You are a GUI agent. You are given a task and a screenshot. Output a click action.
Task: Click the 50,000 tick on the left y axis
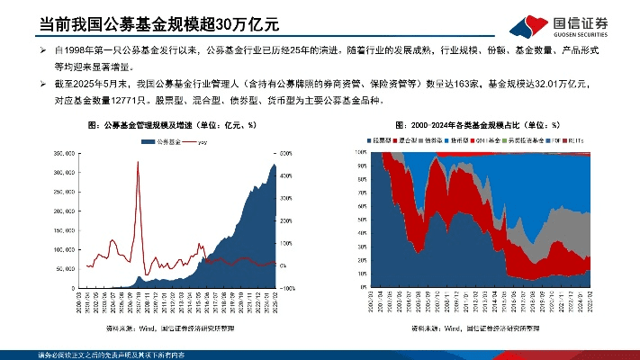pyautogui.click(x=66, y=268)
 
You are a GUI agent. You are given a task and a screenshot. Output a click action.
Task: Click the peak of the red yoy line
pyautogui.click(x=138, y=162)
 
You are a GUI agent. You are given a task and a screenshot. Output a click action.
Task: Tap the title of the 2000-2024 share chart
pyautogui.click(x=477, y=125)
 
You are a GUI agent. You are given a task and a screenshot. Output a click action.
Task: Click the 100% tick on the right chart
pyautogui.click(x=360, y=154)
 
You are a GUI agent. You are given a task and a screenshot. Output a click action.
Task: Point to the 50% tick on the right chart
pyautogui.click(x=362, y=220)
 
